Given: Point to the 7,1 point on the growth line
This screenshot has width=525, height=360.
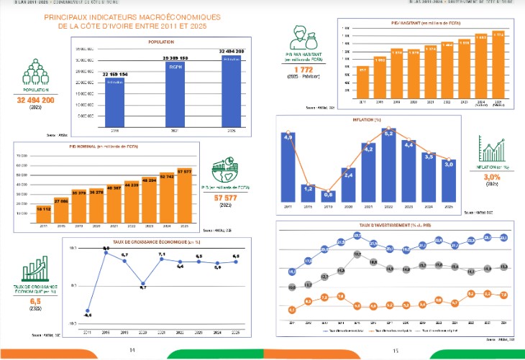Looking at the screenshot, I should coord(162,258).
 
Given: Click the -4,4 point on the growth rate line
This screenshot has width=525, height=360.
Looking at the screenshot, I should coord(87,310).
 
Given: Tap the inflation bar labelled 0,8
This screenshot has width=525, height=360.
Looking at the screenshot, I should coord(328,198).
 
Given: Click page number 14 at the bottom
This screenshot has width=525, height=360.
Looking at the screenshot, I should coord(132,350).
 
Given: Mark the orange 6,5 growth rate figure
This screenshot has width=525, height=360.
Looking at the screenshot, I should coord(34,302).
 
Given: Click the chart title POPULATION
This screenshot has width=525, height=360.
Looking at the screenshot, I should coord(162,42).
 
